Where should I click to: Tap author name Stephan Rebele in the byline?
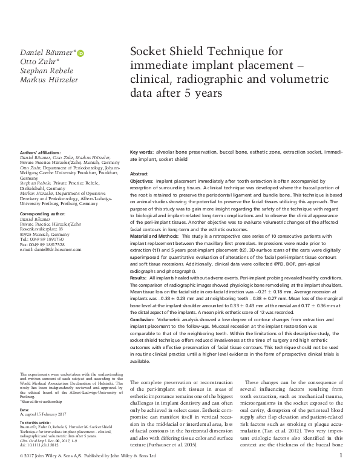(46, 70)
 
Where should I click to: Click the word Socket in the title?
(151, 53)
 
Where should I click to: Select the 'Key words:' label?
(143, 152)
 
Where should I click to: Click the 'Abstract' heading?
(139, 174)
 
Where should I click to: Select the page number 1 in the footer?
(341, 465)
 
